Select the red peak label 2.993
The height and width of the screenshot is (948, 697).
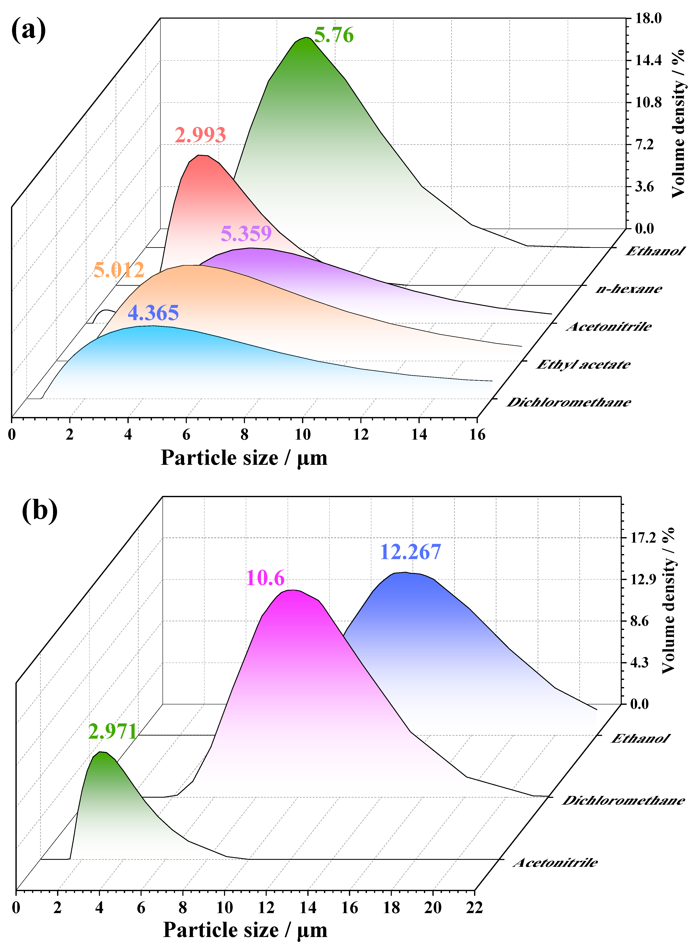[x=200, y=135]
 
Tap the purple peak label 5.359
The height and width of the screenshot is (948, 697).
[x=246, y=233]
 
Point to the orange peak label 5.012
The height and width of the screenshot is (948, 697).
[x=119, y=270]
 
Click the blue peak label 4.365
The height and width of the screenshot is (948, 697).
[x=153, y=313]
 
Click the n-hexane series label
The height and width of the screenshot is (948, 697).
[x=629, y=289]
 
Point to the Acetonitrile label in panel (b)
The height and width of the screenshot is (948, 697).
[x=555, y=862]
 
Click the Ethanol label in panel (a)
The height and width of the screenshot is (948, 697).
[x=655, y=251]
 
